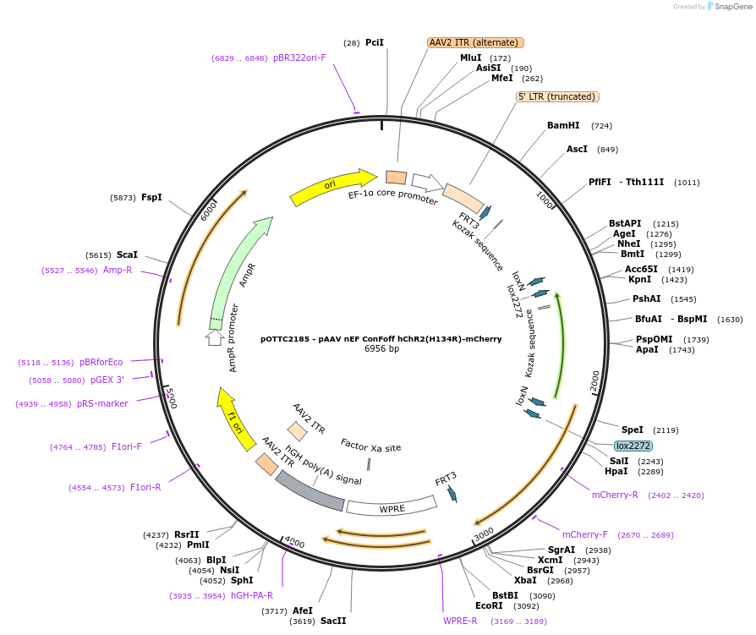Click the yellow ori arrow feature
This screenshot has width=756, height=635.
tap(333, 187)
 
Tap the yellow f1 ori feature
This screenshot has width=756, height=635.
tap(235, 419)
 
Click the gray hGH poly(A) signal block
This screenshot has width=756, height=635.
tap(310, 491)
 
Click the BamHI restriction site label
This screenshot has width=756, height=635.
tap(563, 125)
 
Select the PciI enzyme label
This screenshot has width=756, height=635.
tap(375, 42)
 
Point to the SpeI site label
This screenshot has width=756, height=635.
tap(633, 430)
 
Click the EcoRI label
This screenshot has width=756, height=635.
tap(489, 605)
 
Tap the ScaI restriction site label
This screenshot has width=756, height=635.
tap(127, 255)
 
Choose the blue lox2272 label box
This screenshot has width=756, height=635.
tap(633, 446)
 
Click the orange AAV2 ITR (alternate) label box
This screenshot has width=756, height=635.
tap(476, 42)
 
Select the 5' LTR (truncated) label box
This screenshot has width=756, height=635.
tap(558, 96)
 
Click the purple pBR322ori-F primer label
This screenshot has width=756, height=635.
tap(299, 57)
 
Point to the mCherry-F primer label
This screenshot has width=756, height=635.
tap(584, 534)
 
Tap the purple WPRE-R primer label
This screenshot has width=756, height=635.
tap(460, 621)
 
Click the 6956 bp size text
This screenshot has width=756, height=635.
tap(381, 348)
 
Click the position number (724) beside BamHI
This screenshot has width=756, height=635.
tap(602, 126)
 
